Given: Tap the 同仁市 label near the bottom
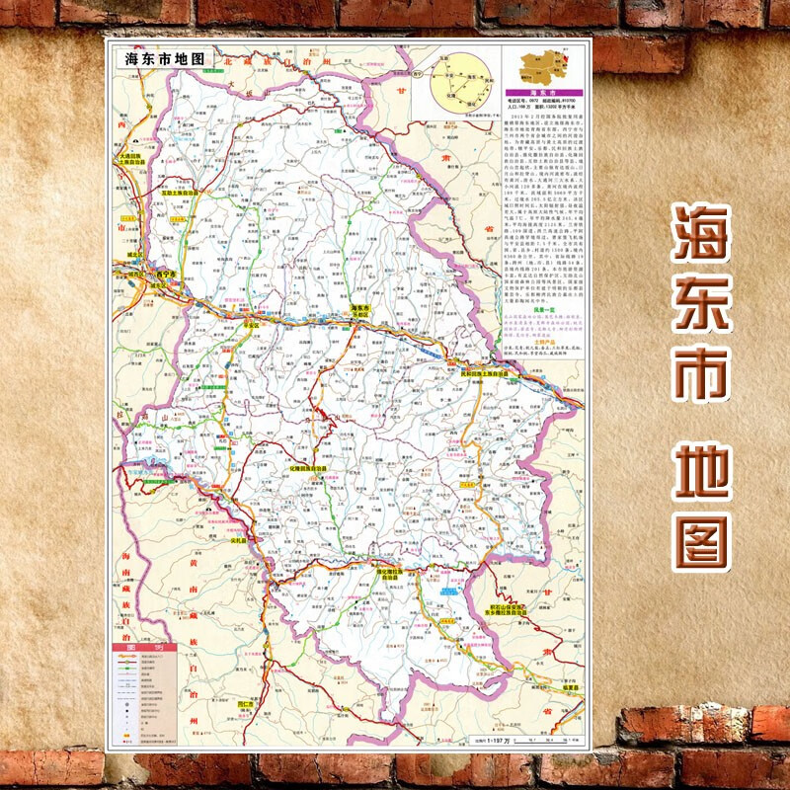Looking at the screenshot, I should pyautogui.click(x=246, y=702).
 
